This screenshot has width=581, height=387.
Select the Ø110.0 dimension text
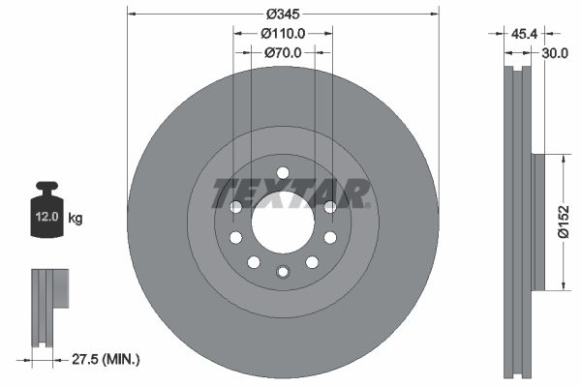pos(284,33)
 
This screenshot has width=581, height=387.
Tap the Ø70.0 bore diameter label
pos(284,52)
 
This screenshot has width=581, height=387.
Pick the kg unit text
pos(76,219)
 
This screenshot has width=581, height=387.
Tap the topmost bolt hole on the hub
pos(282,174)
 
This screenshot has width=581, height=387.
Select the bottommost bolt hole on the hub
pos(282,272)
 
